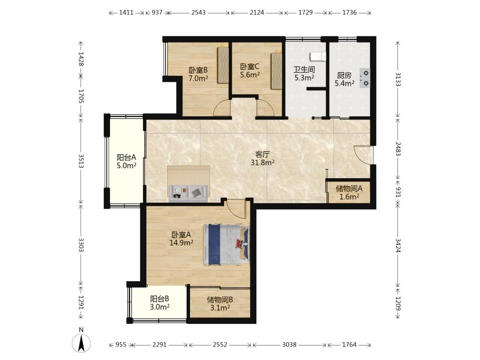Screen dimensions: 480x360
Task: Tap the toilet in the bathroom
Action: tap(318, 56)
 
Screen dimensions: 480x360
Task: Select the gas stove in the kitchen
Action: tap(365, 78)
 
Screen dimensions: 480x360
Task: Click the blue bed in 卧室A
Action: tap(226, 244)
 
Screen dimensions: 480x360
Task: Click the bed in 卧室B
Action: tap(223, 65)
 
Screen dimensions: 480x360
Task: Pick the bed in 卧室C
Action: tap(276, 71)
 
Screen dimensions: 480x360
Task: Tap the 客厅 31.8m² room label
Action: tap(263, 158)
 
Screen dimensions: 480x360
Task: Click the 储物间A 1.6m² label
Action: tap(349, 192)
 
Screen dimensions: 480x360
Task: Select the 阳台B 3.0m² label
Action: tap(159, 303)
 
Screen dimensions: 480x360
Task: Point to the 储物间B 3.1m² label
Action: tap(220, 303)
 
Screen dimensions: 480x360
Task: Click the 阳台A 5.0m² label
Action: tap(126, 162)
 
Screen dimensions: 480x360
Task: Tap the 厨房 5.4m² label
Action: tap(344, 79)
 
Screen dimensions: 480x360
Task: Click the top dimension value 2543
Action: tap(198, 12)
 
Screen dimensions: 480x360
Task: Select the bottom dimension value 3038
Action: tap(289, 345)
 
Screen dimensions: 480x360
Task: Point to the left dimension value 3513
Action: tap(81, 161)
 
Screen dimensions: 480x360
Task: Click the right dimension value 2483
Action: tap(398, 149)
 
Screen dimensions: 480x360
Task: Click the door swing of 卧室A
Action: tap(236, 209)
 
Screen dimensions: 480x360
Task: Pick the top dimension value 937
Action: tap(157, 12)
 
